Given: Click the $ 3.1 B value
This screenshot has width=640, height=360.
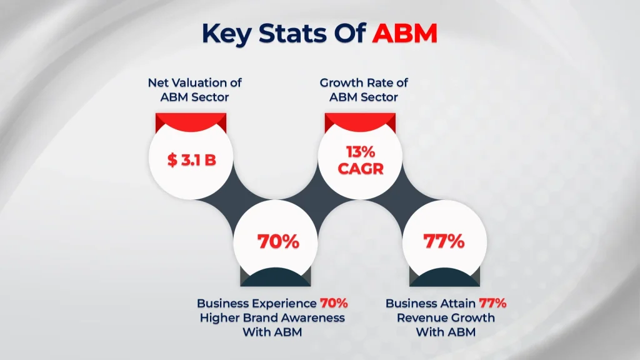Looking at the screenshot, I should [192, 160].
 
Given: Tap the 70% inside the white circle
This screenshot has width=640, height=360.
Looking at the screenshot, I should [278, 241].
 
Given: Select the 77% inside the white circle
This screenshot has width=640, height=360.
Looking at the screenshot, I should [444, 241].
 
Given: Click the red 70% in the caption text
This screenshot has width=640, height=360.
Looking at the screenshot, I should [333, 303].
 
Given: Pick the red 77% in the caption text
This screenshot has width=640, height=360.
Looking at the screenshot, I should [492, 303].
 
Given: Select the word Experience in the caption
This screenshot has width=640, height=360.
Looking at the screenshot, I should [286, 303].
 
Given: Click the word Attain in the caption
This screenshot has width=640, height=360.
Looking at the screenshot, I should [456, 303].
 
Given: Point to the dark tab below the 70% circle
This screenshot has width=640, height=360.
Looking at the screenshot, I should [275, 277].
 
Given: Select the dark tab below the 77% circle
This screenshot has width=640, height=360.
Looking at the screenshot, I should [444, 277].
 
